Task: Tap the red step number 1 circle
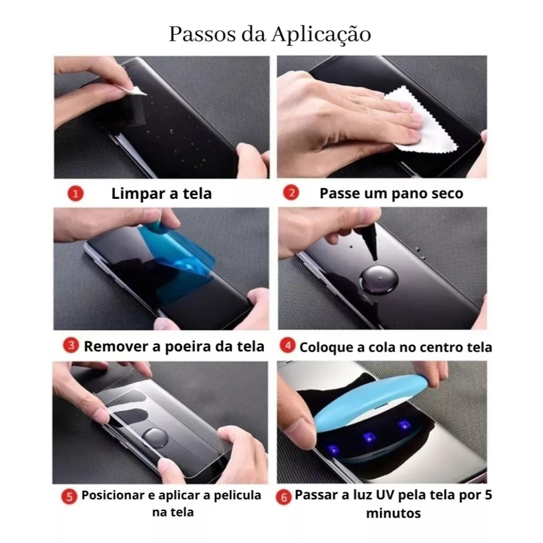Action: point(75,194)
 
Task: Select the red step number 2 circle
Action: point(291,192)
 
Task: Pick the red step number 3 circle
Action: point(71,345)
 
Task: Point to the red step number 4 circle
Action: point(287,346)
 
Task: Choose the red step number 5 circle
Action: point(69,497)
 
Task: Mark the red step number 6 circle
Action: point(284,497)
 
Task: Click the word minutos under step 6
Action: point(393,513)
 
